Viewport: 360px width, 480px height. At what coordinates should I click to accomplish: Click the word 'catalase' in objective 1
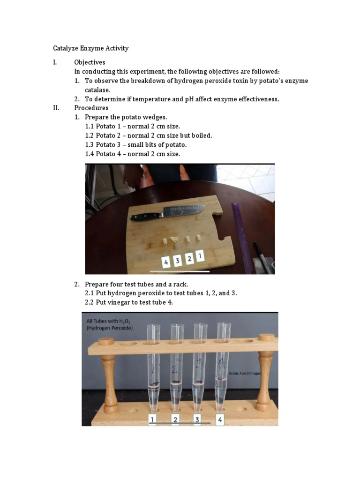tap(97, 90)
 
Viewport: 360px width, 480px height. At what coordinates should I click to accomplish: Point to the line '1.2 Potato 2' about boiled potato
tap(149, 135)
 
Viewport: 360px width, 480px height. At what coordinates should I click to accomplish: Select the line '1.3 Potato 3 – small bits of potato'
tap(142, 144)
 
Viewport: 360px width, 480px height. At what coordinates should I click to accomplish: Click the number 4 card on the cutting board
tap(166, 262)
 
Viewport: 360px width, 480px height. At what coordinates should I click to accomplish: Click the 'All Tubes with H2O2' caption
tap(110, 324)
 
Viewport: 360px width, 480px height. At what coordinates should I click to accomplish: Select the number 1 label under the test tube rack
tap(152, 419)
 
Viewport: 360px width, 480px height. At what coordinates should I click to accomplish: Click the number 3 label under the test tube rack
tap(197, 419)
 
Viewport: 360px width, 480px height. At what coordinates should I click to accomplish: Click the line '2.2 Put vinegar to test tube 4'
tap(129, 302)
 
